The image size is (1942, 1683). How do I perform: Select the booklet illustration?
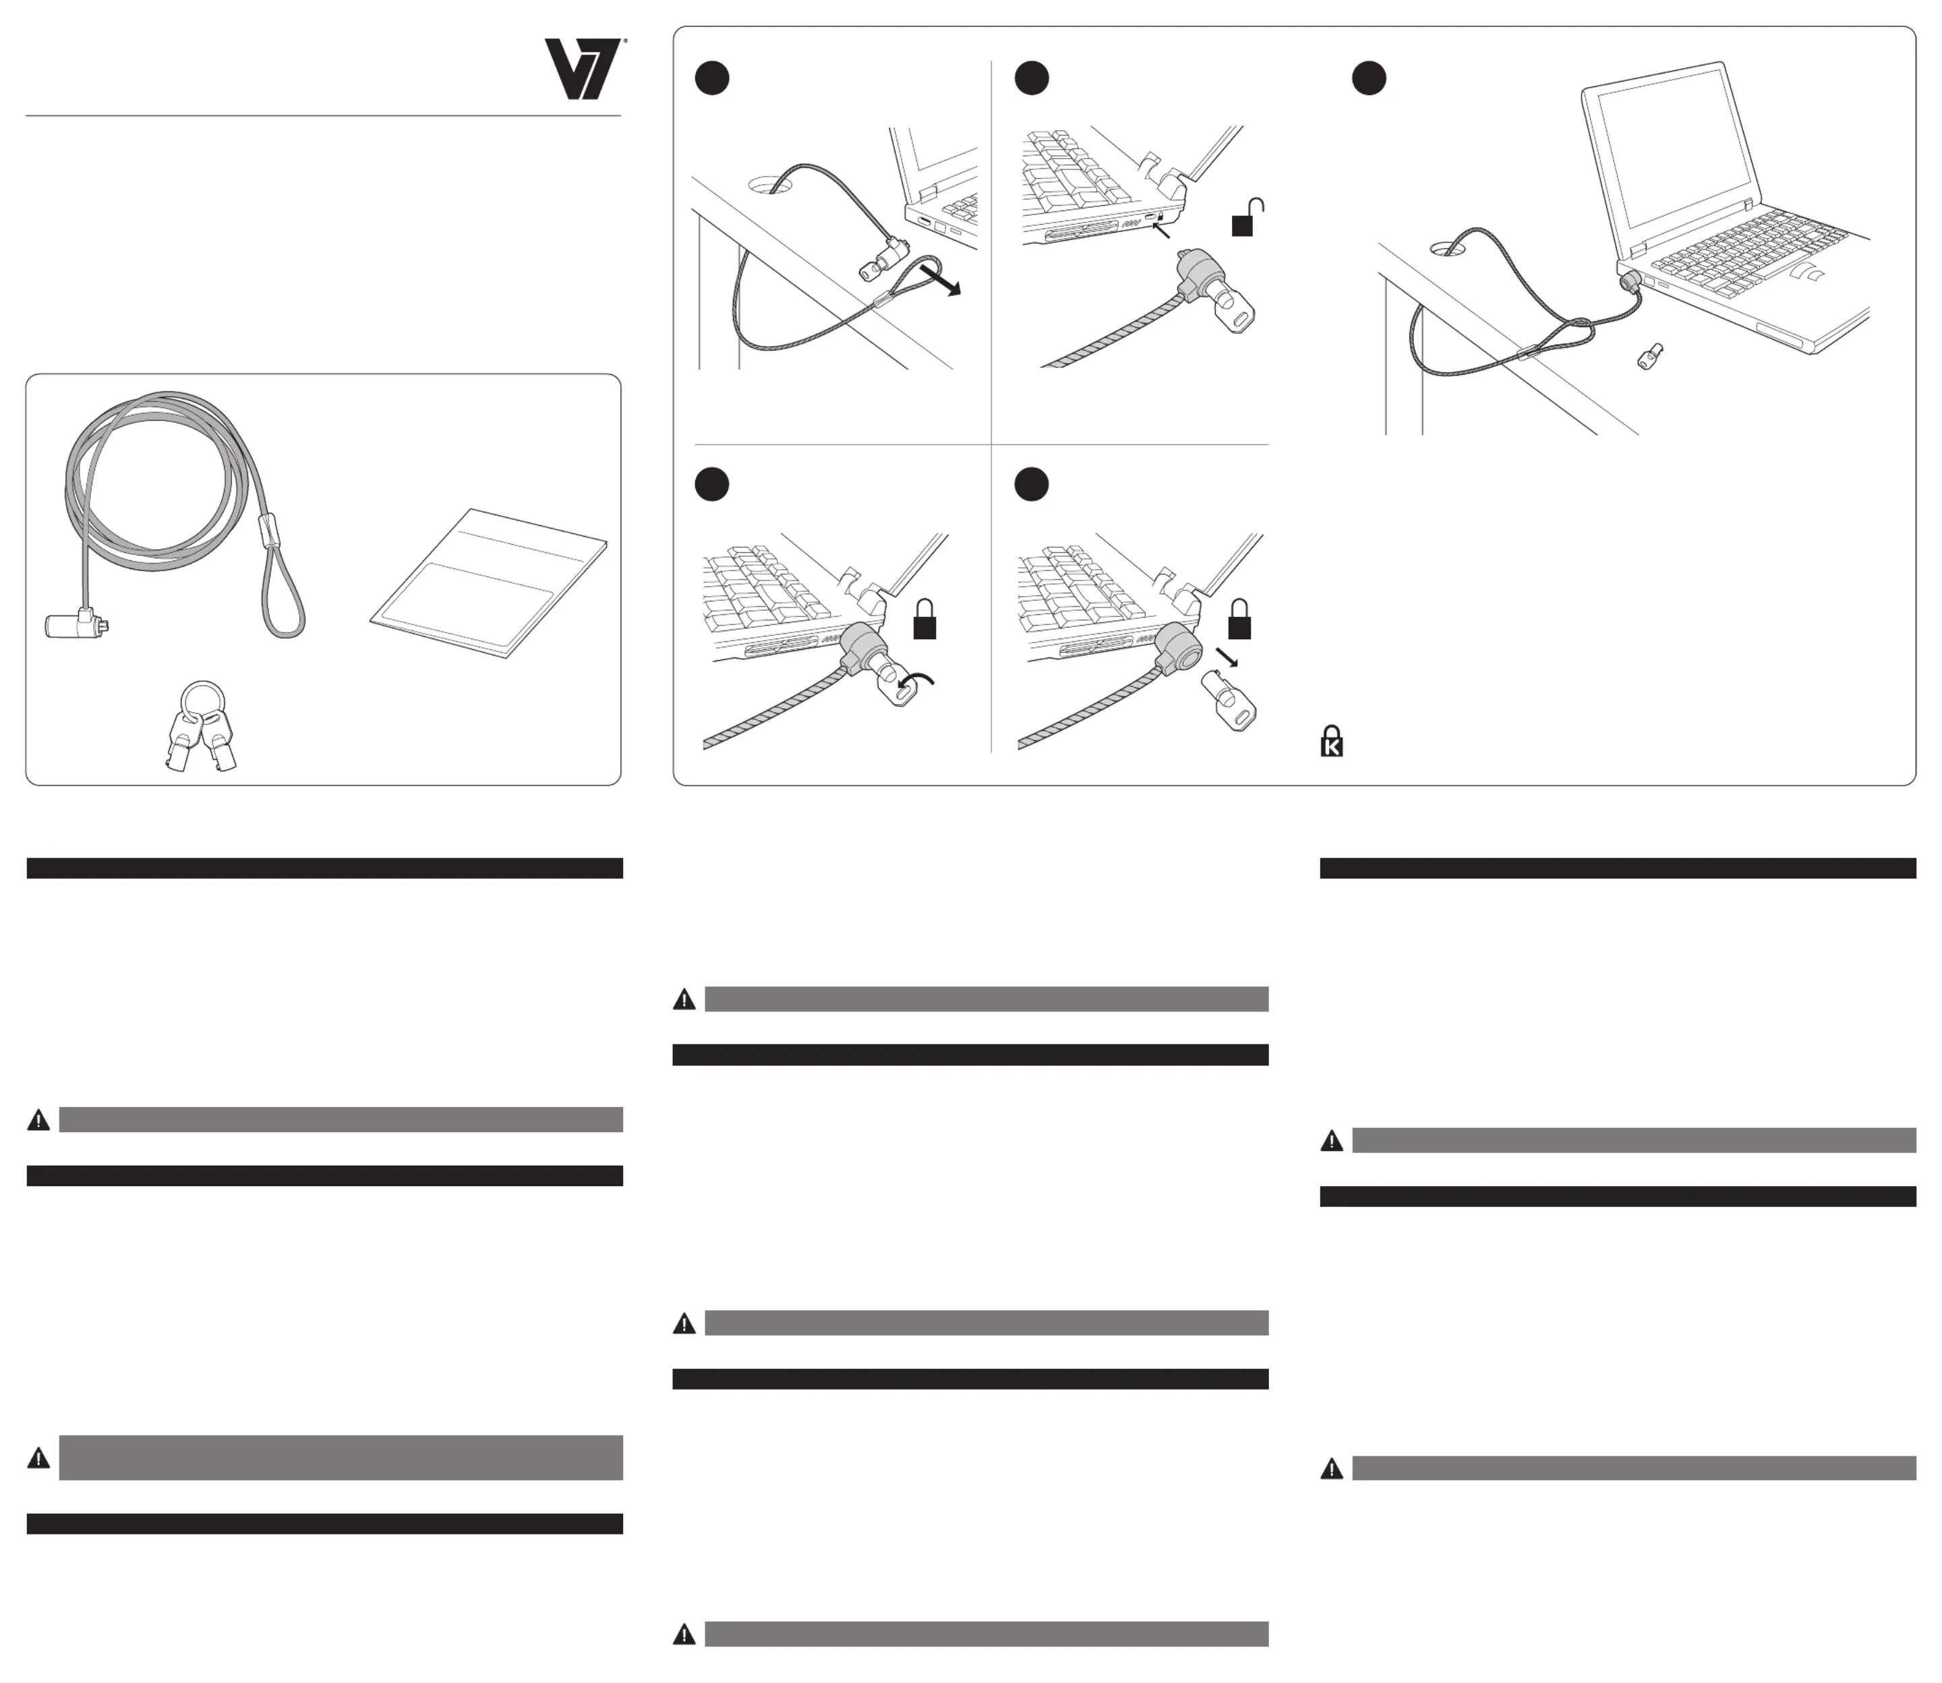(488, 583)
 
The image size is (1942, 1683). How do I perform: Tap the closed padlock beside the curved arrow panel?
(925, 620)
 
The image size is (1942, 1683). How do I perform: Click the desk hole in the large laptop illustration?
(1452, 249)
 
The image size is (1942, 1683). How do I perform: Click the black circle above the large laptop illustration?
(1368, 79)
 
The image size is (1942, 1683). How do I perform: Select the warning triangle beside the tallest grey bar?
(38, 1458)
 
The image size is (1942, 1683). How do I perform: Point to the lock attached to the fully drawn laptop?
(1629, 280)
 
